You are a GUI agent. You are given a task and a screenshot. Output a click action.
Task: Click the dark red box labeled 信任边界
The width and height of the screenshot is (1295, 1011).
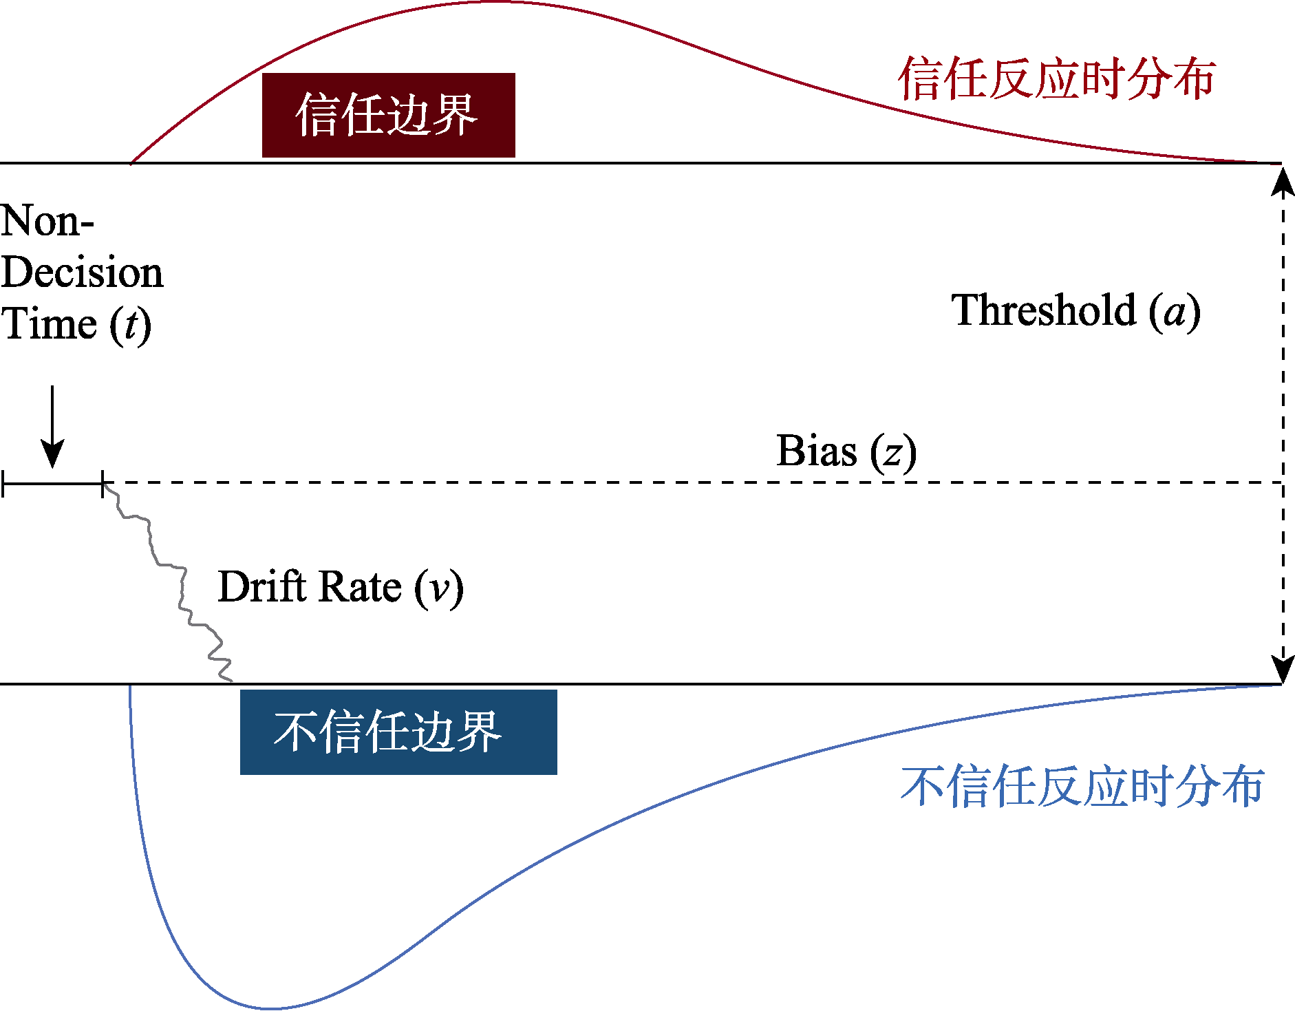388,115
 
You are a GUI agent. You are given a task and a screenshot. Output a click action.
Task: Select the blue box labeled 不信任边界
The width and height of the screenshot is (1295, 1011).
398,732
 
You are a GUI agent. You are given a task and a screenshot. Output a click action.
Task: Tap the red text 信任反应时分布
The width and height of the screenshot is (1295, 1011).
1056,79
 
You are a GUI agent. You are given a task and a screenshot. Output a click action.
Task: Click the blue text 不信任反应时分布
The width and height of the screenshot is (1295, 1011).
1082,786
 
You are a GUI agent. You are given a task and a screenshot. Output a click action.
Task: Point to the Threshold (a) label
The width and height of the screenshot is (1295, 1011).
1075,311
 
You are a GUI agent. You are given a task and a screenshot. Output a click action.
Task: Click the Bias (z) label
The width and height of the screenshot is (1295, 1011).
846,452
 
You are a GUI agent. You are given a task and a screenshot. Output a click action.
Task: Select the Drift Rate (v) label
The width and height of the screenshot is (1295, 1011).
341,588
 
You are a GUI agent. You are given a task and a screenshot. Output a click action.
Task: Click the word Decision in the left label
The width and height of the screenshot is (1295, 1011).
83,273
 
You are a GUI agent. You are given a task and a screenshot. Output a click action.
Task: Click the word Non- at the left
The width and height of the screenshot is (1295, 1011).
47,222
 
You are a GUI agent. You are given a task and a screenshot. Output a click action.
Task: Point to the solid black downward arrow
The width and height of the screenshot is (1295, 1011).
52,427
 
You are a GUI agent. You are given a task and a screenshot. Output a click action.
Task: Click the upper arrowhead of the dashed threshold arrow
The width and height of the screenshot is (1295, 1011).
1283,181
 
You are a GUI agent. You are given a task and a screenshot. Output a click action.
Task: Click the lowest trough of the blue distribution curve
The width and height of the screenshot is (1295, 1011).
272,1008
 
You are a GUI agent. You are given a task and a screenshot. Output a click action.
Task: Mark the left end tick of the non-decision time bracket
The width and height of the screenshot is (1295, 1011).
3,484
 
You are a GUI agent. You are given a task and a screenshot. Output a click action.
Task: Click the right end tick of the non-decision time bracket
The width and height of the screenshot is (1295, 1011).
103,484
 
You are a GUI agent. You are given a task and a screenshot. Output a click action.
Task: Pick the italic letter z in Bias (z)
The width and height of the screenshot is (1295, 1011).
892,454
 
